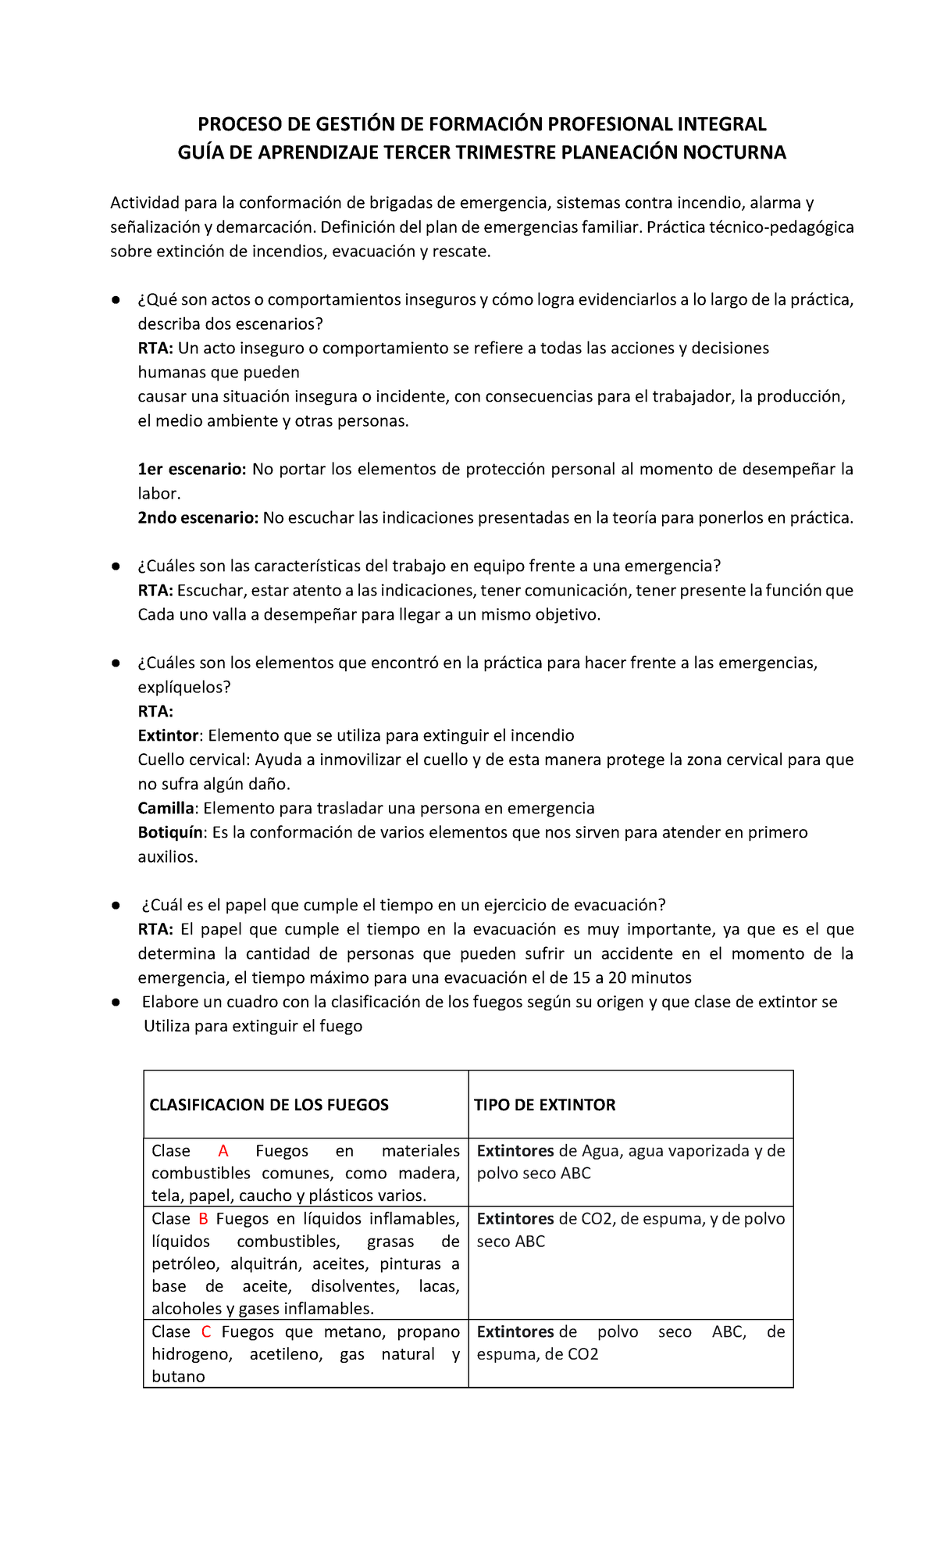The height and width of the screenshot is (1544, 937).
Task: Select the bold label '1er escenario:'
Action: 192,470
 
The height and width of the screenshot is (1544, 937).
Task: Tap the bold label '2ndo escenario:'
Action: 198,518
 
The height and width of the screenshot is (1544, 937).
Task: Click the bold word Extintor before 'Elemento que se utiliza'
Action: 168,735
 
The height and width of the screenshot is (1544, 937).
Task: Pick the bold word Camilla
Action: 166,808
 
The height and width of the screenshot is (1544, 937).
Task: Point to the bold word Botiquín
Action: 170,832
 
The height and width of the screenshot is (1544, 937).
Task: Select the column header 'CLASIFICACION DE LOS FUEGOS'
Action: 269,1105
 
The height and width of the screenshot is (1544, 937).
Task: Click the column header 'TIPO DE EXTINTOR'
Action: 546,1105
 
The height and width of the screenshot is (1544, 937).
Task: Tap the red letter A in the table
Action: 223,1151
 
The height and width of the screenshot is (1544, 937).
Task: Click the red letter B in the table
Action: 203,1219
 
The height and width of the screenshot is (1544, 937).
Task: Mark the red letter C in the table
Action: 206,1331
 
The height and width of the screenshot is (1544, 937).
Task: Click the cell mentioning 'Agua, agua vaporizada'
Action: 630,1161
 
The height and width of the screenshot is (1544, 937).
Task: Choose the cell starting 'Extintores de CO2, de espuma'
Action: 630,1230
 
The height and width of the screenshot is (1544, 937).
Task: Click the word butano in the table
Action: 178,1377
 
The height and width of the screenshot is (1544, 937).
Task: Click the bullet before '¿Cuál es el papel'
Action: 115,905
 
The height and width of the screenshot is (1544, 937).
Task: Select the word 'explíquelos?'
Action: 184,687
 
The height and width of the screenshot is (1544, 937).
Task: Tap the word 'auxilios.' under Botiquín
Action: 168,856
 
